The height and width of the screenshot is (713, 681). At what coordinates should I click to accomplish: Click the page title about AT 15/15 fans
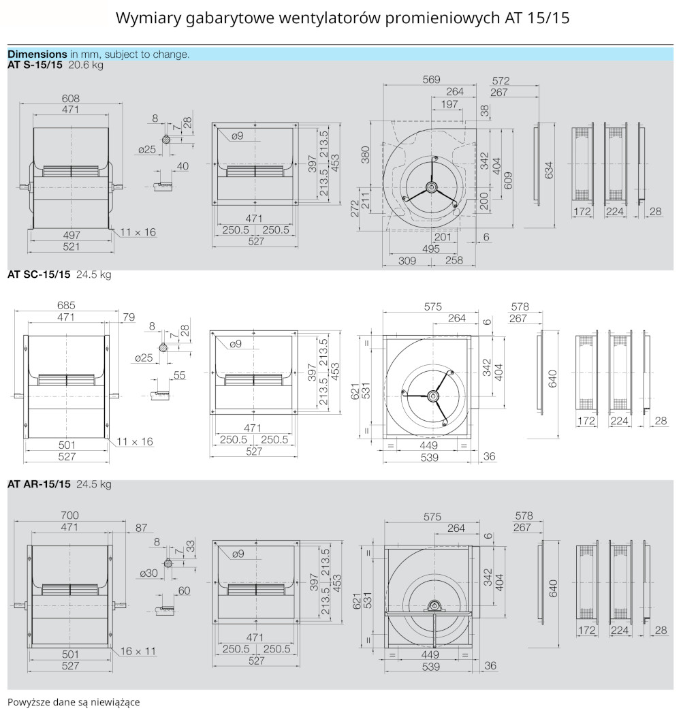[x=343, y=18]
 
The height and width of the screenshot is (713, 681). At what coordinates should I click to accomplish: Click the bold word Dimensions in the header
[x=37, y=54]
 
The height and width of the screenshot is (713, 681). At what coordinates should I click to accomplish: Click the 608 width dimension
[x=71, y=98]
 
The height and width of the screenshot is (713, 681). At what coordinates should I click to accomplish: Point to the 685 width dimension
[x=66, y=306]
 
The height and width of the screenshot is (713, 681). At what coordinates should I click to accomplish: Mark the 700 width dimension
[x=69, y=515]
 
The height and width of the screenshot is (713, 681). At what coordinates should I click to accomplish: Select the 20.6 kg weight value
[x=86, y=65]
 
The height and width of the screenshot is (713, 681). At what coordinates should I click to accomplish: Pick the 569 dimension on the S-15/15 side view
[x=431, y=79]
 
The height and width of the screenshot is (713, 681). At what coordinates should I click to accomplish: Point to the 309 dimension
[x=407, y=261]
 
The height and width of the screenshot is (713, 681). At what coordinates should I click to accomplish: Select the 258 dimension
[x=454, y=261]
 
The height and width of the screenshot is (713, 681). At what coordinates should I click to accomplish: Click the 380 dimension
[x=367, y=155]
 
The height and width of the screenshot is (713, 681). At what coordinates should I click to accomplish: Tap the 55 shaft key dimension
[x=180, y=375]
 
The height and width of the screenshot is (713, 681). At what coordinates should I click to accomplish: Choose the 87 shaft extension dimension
[x=142, y=528]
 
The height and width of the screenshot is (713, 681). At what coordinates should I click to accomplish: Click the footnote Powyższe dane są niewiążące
[x=74, y=701]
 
